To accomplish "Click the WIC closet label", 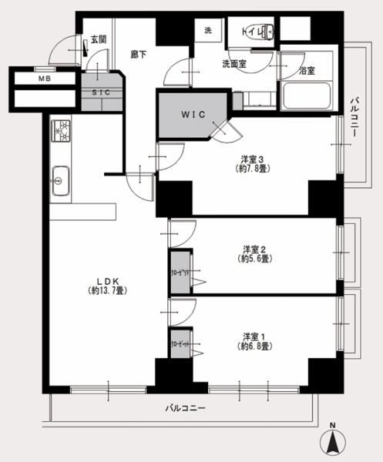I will point(192,115).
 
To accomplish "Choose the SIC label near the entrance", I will point(100,92).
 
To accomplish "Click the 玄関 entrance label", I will point(98,38).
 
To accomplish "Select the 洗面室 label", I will point(233,64).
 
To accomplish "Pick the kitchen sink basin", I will point(59,186).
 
